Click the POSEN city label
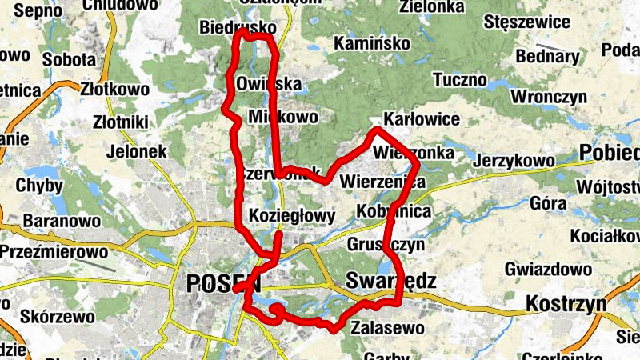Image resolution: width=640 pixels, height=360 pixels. pos(223,283)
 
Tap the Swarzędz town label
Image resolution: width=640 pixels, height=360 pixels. pos(391,281)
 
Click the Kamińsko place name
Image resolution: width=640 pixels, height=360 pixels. pos(372,42)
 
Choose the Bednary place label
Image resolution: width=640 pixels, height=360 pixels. pos(547,57)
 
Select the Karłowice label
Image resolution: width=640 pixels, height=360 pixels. pos(422,119)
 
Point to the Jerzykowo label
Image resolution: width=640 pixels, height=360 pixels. pos(514,161)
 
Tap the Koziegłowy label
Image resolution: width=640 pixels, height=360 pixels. pos(292,216)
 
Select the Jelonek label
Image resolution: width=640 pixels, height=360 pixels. pos(134,150)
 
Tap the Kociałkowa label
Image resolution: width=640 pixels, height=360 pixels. pos(605,237)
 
